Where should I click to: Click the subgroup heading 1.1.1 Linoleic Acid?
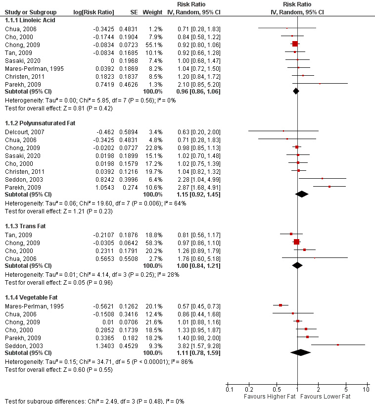coord(30,20)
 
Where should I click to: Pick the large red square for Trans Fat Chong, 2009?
coord(296,242)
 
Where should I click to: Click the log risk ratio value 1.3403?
coord(105,345)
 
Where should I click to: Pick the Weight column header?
coord(151,12)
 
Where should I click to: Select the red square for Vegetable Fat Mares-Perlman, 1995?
coord(280,305)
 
